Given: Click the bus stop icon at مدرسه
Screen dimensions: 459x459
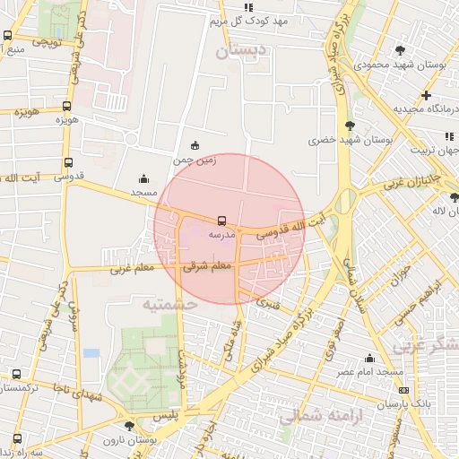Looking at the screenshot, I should tap(221, 220).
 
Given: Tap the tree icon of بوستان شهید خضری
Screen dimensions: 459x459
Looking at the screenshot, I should tap(349, 126).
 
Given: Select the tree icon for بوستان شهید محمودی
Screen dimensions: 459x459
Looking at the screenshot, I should tap(399, 50).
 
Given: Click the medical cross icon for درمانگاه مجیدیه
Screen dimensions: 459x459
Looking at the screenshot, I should tap(426, 95).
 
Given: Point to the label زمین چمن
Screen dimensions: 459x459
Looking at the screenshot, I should tap(196, 160).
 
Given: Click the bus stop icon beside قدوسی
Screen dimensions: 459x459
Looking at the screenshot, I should tap(68, 163).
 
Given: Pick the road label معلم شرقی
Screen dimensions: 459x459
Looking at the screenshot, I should tap(207, 266).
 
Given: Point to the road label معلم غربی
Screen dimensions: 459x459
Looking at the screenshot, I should tap(132, 267).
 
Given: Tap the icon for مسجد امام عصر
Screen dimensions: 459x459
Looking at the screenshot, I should tap(369, 359).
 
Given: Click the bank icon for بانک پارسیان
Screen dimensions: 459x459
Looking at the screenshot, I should tap(403, 391).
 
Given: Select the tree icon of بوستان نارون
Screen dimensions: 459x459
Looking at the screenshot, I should tap(131, 428).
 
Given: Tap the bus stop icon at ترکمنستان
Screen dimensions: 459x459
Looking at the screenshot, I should tap(16, 375).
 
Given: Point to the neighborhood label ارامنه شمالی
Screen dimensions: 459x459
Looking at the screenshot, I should tap(316, 416).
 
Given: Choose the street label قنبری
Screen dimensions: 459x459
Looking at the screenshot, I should tap(267, 303).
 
